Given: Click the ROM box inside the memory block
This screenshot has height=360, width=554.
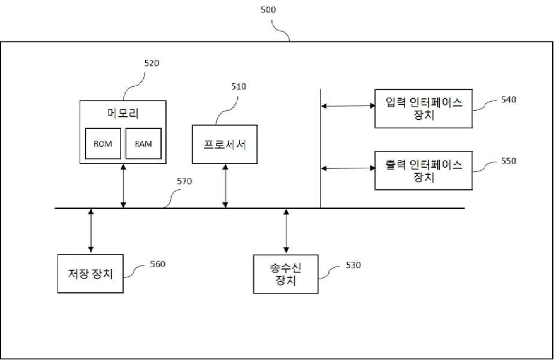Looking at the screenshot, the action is (x=103, y=143).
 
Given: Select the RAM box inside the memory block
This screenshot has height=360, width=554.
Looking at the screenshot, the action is (x=144, y=143).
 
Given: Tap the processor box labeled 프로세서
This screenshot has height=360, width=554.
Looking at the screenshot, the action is (x=225, y=144).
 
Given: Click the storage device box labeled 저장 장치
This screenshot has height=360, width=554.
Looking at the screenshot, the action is (x=90, y=274).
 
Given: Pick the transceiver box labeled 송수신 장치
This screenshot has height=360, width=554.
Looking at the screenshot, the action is (x=286, y=274).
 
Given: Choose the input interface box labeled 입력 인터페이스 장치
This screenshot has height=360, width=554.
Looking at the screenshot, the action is (x=423, y=108).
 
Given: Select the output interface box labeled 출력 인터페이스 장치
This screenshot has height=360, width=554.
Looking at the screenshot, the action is (x=423, y=171).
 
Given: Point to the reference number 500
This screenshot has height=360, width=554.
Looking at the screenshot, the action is (x=268, y=10).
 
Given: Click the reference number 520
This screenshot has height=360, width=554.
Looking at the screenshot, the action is (x=152, y=63).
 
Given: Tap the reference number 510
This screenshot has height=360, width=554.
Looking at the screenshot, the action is (x=238, y=86).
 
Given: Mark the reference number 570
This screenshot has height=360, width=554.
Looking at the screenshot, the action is (x=184, y=181).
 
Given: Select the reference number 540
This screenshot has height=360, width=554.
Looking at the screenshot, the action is (x=508, y=99).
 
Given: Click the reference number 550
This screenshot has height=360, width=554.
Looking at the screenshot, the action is (x=508, y=161).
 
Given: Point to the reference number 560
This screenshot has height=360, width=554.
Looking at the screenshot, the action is (x=158, y=264).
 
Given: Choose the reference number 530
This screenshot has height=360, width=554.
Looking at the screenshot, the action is (x=353, y=265).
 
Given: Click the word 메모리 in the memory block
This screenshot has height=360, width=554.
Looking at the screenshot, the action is (x=123, y=113).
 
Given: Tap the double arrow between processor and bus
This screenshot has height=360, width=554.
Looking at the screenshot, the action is (x=225, y=186).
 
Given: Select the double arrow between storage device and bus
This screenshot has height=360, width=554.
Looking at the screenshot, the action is (x=91, y=231).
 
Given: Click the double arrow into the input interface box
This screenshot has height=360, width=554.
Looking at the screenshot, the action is (x=348, y=105).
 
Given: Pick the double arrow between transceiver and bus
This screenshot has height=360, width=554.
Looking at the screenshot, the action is (x=286, y=231).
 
